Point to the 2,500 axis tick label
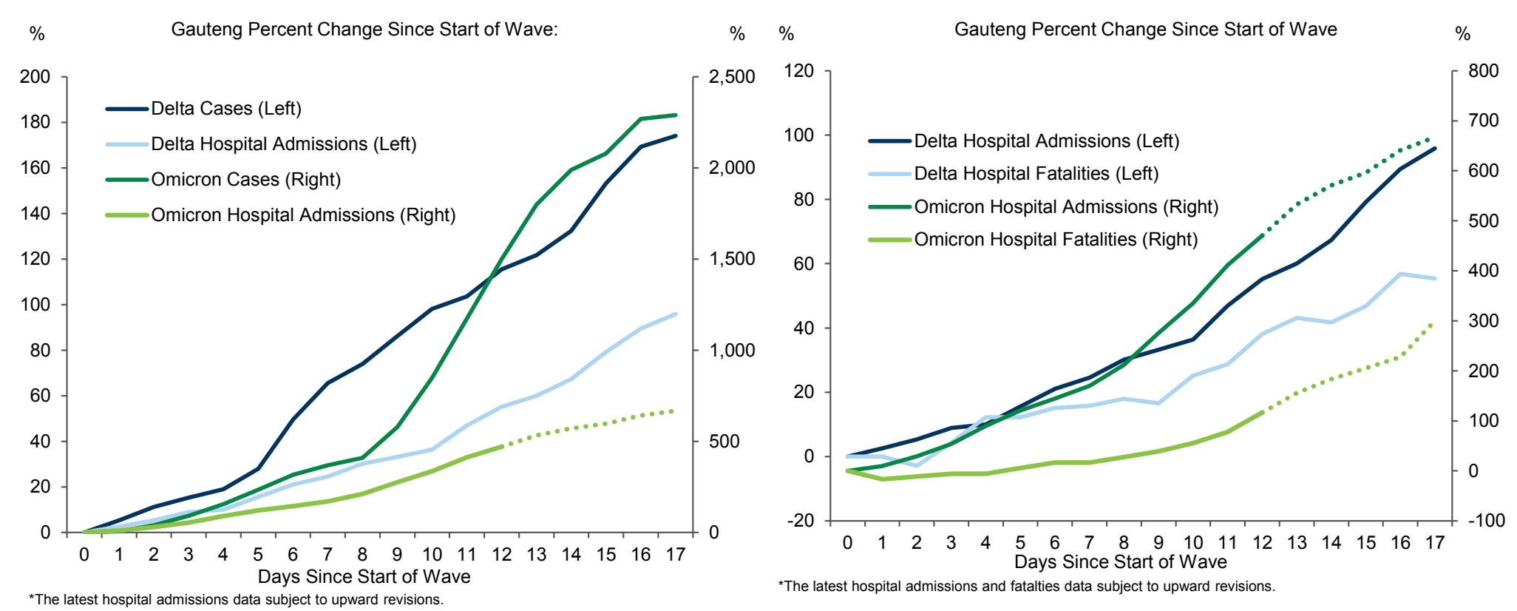click(x=732, y=77)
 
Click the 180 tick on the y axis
click(x=35, y=122)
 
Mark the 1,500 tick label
click(x=732, y=259)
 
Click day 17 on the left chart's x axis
click(x=676, y=555)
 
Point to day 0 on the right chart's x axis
click(x=847, y=543)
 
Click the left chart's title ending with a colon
click(x=364, y=30)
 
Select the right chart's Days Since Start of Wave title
click(x=1120, y=562)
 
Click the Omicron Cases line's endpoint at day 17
click(x=676, y=115)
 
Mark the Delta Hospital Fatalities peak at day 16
click(x=1400, y=274)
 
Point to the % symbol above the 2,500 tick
click(x=737, y=34)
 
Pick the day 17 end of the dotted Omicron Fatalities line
click(x=1433, y=323)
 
